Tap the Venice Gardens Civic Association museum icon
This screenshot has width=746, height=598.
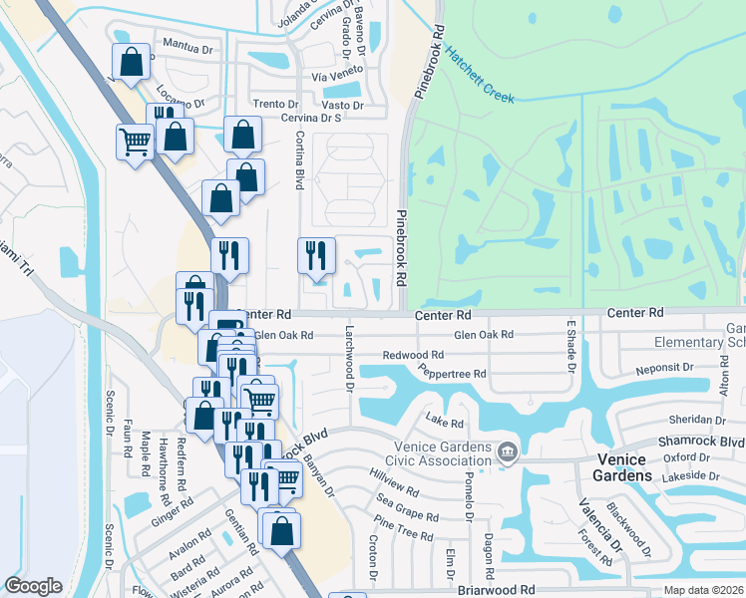[x=509, y=453]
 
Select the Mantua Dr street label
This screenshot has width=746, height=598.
[x=192, y=46]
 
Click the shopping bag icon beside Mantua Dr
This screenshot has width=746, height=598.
[x=132, y=62]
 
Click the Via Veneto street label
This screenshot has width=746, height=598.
[x=333, y=76]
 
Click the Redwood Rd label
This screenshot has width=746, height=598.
[x=414, y=355]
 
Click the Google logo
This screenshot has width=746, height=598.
[x=33, y=586]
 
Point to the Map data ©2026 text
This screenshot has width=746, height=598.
[x=703, y=590]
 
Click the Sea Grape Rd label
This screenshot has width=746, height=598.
[x=405, y=509]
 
